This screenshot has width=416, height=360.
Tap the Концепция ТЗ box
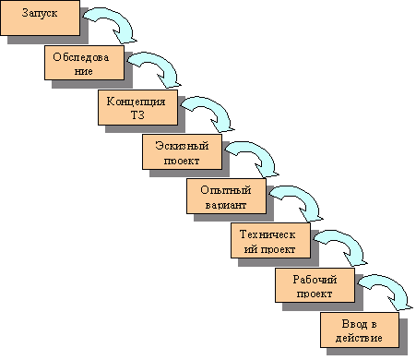[137, 107]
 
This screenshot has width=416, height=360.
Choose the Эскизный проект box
[182, 151]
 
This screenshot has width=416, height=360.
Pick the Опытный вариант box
[226, 196]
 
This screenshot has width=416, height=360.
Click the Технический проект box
[268, 240]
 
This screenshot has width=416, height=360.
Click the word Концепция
[137, 101]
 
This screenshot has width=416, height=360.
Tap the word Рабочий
[315, 280]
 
